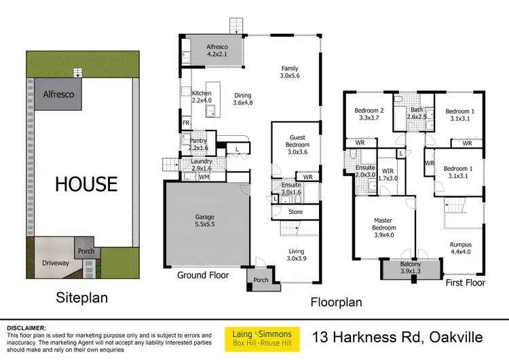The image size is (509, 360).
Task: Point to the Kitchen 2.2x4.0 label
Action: pos(203,96)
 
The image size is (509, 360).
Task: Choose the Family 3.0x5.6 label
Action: pos(290,71)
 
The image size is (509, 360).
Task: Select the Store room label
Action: pos(295,212)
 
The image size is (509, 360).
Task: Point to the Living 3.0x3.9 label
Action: pos(296,254)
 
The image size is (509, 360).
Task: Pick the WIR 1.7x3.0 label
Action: pos(388,175)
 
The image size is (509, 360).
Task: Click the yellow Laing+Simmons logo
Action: pos(263,338)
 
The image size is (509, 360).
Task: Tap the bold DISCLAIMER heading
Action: pos(28,327)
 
